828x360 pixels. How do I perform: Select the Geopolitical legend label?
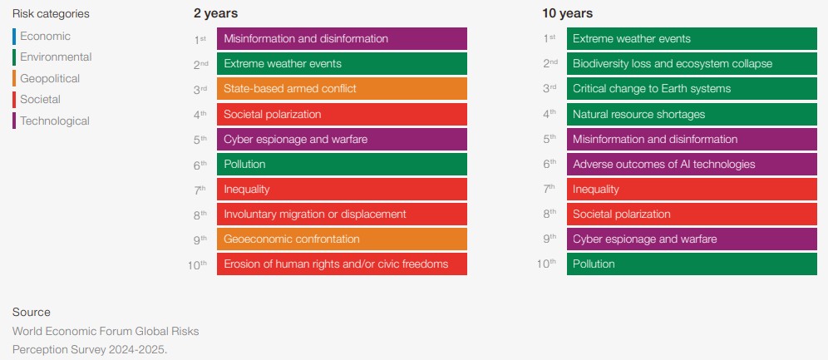(50, 79)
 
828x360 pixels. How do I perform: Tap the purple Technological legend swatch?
(14, 121)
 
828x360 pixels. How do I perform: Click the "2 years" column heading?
(215, 14)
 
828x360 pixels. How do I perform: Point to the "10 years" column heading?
(567, 14)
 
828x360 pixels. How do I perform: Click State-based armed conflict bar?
(342, 89)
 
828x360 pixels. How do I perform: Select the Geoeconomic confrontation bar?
(342, 239)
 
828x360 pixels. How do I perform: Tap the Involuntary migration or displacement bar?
(342, 214)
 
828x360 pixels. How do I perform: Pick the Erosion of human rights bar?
(342, 264)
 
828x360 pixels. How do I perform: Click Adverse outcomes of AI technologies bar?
(692, 164)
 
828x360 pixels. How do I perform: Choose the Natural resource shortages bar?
(692, 114)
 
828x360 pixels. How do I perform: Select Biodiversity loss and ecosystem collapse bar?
(692, 63)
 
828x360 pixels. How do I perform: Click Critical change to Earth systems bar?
(692, 89)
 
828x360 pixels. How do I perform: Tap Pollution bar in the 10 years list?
(692, 264)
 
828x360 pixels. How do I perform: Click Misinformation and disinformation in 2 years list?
(342, 38)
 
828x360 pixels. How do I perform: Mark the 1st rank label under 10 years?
(550, 39)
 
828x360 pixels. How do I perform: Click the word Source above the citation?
(31, 312)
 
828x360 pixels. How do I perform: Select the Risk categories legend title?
(51, 14)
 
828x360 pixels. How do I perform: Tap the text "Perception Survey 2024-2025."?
(90, 349)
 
